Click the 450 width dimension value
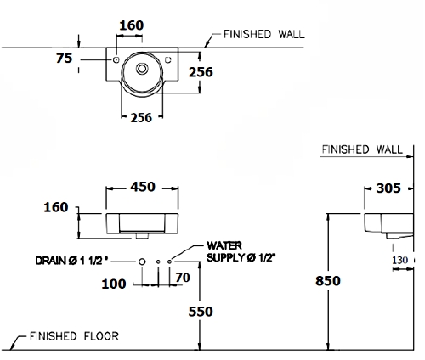pyautogui.click(x=143, y=187)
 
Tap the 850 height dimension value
pyautogui.click(x=328, y=281)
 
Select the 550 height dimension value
pyautogui.click(x=201, y=312)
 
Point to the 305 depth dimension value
pyautogui.click(x=388, y=188)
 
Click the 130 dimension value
pyautogui.click(x=400, y=260)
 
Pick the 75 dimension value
pyautogui.click(x=65, y=59)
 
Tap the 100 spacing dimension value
pyautogui.click(x=114, y=284)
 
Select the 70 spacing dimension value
pyautogui.click(x=183, y=278)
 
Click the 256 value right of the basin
pyautogui.click(x=201, y=72)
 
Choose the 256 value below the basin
pyautogui.click(x=141, y=118)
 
